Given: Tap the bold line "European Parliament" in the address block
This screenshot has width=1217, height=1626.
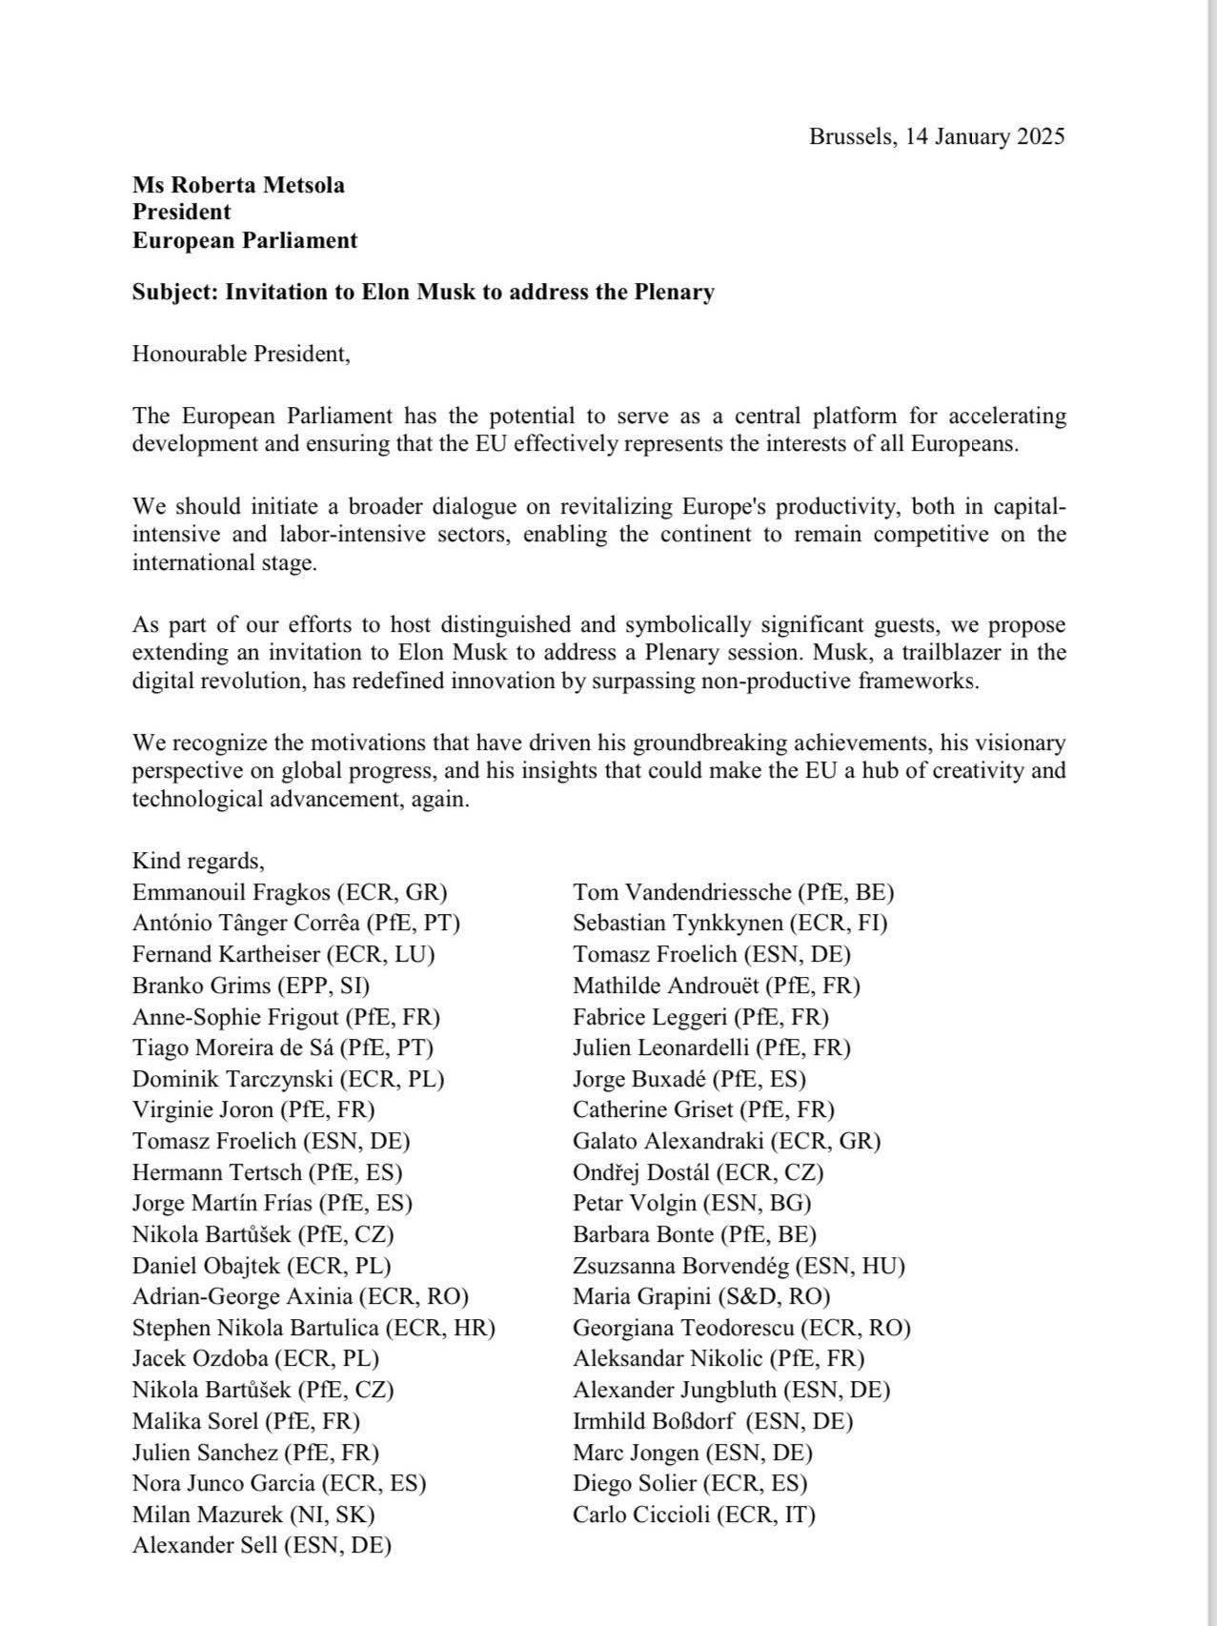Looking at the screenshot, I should click(x=245, y=240).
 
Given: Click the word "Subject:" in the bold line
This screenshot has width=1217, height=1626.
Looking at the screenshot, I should click(x=175, y=292).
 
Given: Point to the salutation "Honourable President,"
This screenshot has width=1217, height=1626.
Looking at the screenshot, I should click(x=241, y=354).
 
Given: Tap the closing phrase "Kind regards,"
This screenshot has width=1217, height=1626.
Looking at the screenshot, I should click(x=198, y=861).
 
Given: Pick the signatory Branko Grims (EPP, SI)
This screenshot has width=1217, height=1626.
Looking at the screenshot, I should click(x=251, y=986).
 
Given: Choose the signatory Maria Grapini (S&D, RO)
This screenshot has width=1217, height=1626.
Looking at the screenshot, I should click(x=701, y=1297).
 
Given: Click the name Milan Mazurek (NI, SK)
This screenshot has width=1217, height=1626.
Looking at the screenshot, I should click(x=254, y=1514).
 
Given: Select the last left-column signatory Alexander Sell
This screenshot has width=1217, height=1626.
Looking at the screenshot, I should click(x=262, y=1546).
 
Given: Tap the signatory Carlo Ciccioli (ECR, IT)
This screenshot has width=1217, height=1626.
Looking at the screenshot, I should click(x=694, y=1514).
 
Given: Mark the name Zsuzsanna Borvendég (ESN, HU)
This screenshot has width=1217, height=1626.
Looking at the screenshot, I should click(x=739, y=1266).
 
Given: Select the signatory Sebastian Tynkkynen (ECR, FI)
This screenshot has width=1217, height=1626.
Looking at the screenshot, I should click(x=730, y=924).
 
